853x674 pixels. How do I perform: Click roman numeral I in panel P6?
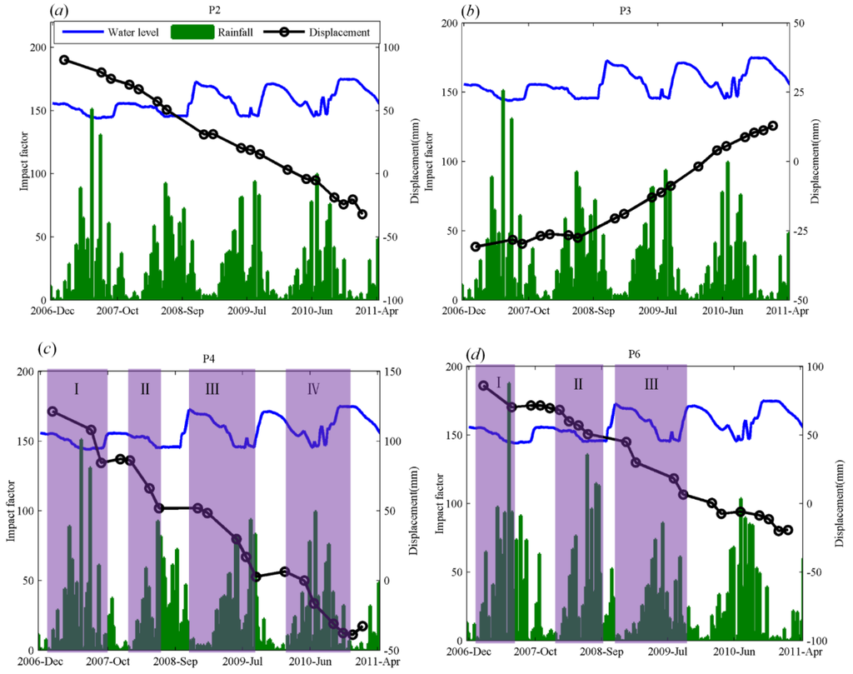click(x=498, y=382)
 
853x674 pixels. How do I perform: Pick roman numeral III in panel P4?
click(x=222, y=388)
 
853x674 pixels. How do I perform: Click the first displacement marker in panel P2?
click(x=64, y=60)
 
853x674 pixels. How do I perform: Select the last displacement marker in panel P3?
click(x=772, y=126)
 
